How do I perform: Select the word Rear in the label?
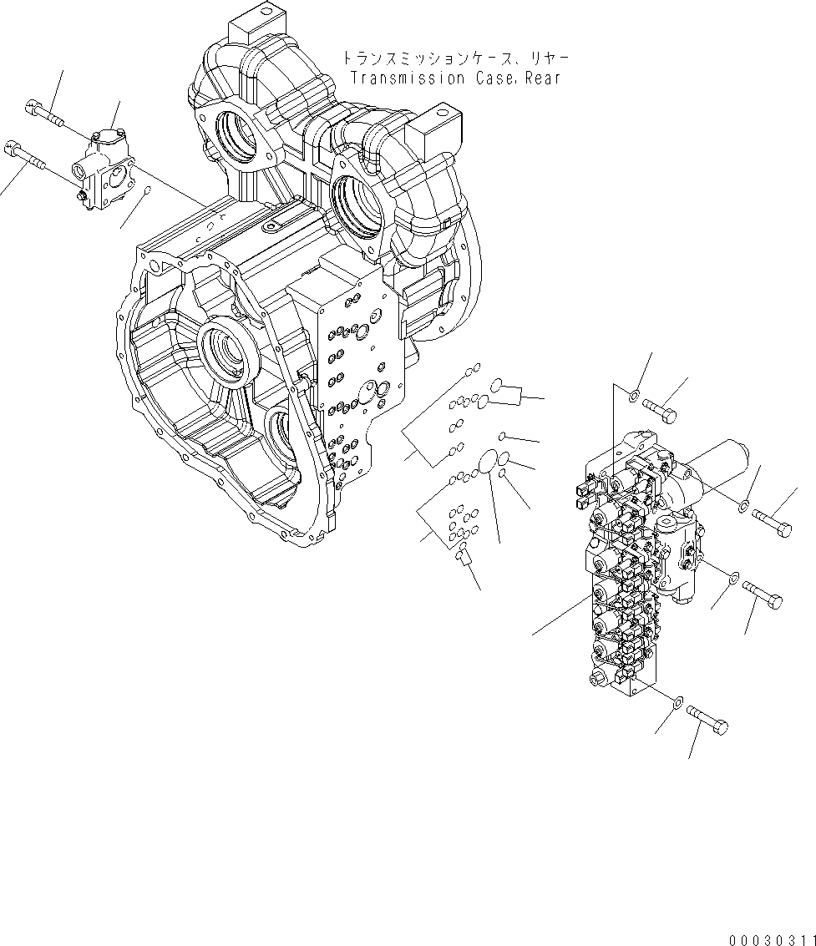point(541,78)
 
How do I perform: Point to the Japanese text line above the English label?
point(455,58)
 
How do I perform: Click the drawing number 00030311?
point(771,940)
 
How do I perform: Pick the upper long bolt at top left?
point(46,114)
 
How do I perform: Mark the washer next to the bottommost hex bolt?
point(677,701)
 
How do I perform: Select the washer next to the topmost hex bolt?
point(635,394)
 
